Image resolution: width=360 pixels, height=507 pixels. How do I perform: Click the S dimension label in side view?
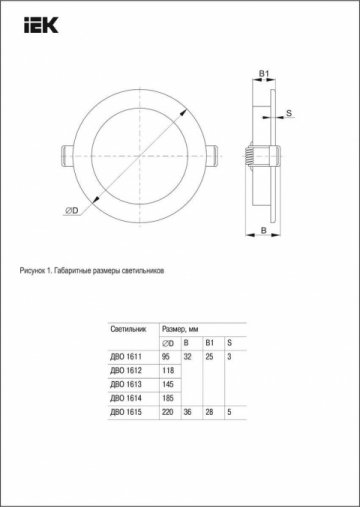(x=289, y=116)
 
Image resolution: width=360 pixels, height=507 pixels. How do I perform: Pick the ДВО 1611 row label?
(x=125, y=343)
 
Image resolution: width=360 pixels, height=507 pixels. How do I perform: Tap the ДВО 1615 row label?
(x=125, y=412)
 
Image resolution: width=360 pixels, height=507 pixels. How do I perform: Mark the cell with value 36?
(x=187, y=412)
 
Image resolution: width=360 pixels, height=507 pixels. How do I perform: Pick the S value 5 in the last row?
(x=229, y=412)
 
